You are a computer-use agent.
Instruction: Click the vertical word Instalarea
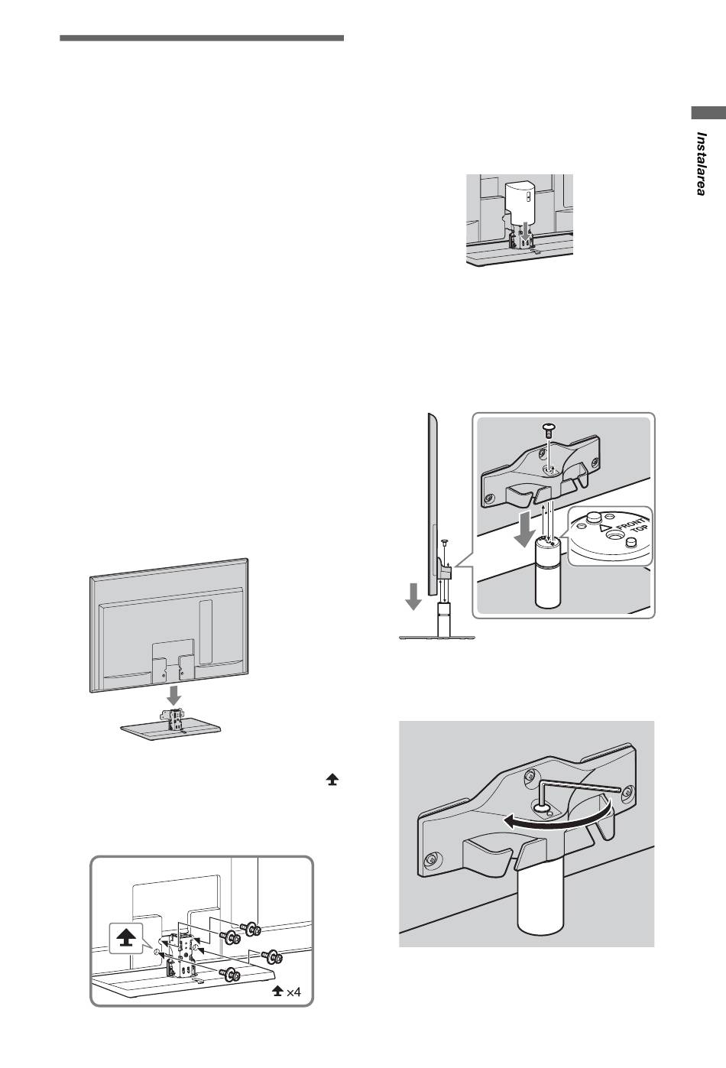tap(700, 164)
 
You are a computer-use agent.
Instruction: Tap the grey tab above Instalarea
tap(708, 113)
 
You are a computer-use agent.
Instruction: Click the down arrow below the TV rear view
tap(175, 696)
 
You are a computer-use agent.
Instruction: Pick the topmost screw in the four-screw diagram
tap(250, 928)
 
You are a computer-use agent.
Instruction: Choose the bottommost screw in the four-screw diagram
tap(228, 974)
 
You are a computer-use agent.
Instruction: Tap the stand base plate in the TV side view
tap(437, 637)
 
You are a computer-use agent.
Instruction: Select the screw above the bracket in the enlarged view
tap(549, 430)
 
